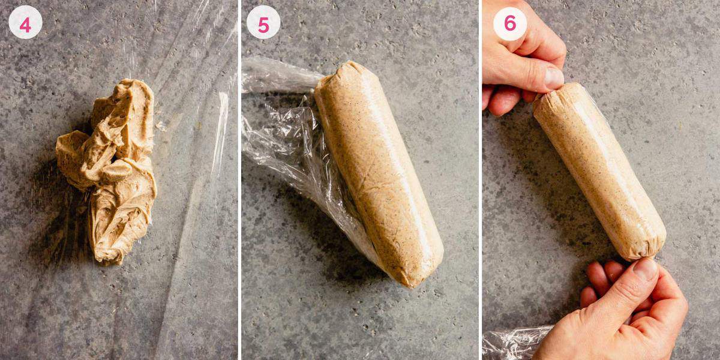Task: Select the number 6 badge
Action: click(x=509, y=23)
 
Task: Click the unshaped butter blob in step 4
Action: click(x=111, y=168)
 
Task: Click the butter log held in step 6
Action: click(x=600, y=171)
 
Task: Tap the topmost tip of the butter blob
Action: click(x=135, y=83)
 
